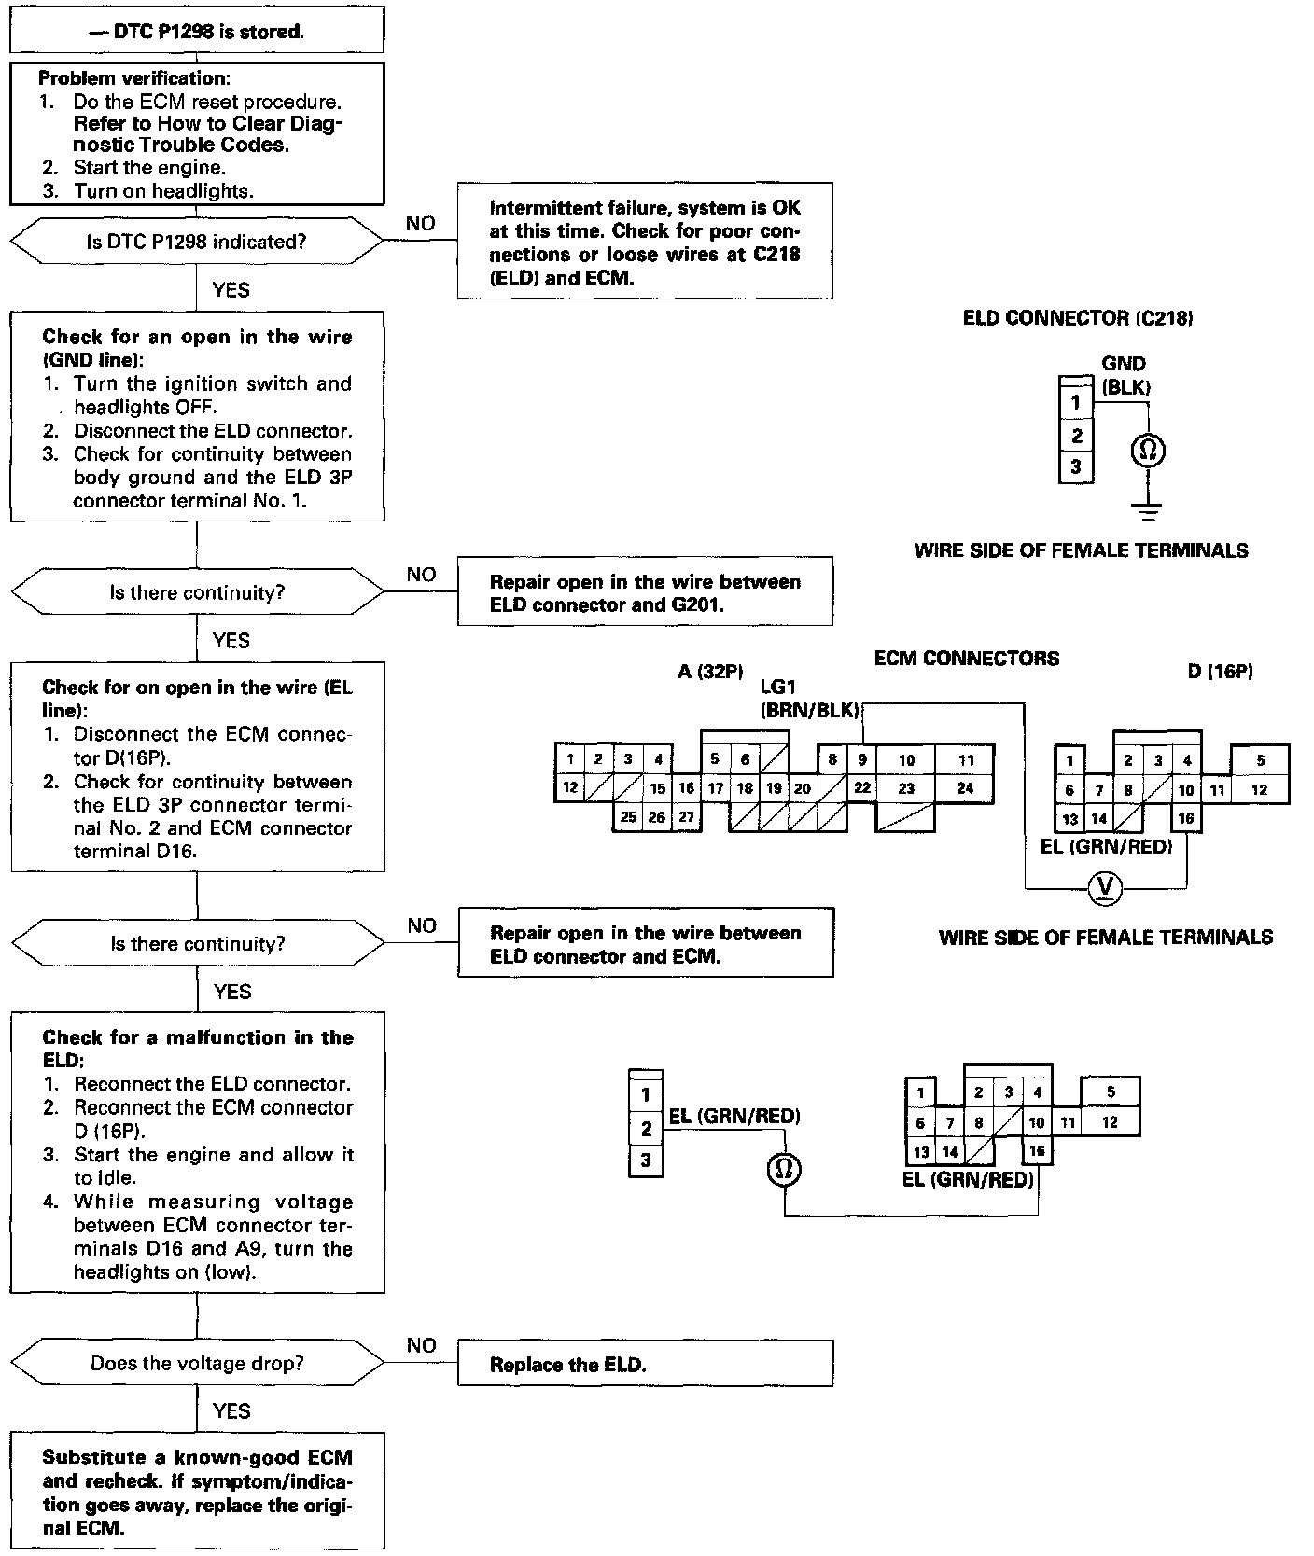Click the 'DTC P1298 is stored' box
tap(196, 32)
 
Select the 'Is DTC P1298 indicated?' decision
tap(196, 242)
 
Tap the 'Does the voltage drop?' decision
tap(197, 1364)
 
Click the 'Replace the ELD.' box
tap(644, 1364)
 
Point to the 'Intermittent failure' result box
tap(644, 242)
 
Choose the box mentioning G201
tap(644, 592)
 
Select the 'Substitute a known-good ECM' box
tap(197, 1493)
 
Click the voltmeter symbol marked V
tap(1106, 887)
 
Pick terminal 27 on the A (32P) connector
tap(686, 817)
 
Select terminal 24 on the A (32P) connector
tap(965, 788)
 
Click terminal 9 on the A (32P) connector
tap(862, 759)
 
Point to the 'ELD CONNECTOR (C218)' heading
tap(1078, 318)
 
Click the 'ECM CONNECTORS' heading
tap(966, 659)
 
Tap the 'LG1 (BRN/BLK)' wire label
tap(808, 699)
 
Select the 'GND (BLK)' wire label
tap(1124, 375)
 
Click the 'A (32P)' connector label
tap(710, 671)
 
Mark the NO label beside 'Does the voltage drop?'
tap(421, 1345)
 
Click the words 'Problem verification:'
tap(134, 78)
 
